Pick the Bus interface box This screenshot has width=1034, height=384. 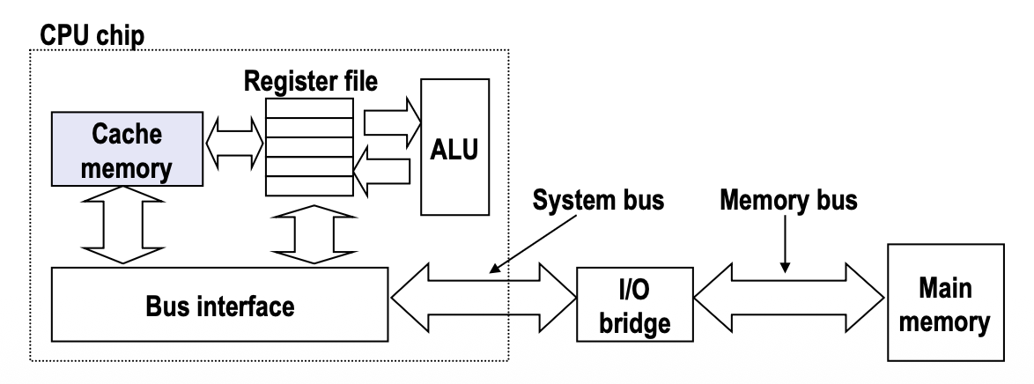220,308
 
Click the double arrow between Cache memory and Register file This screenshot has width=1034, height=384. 235,139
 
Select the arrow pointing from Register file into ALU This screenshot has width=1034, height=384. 388,122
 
